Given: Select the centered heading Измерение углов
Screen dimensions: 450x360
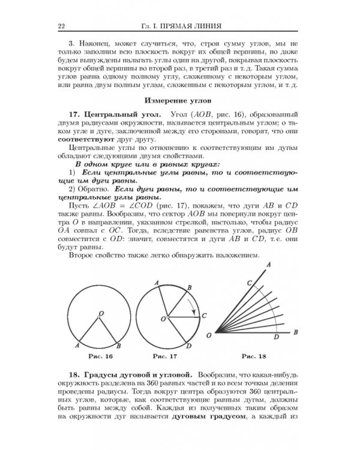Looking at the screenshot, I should click(x=180, y=98).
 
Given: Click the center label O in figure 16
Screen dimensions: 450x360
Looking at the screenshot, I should click(x=100, y=313).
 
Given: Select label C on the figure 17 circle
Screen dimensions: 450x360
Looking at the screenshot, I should click(x=205, y=315).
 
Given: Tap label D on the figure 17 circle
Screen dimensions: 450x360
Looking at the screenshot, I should click(x=190, y=346).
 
